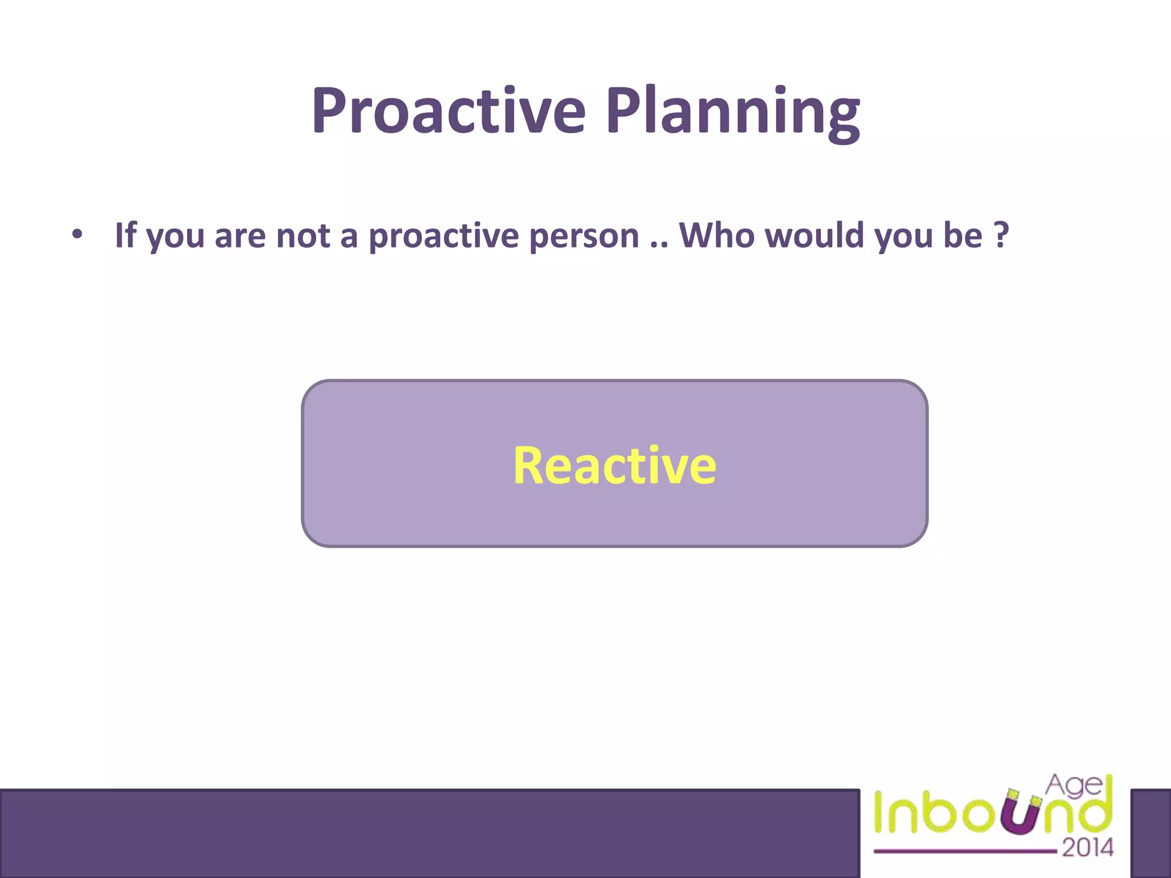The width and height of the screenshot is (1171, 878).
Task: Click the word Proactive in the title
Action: click(x=449, y=111)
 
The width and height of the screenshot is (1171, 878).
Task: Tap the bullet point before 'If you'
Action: click(x=77, y=234)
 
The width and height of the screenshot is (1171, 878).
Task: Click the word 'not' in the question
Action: click(x=303, y=236)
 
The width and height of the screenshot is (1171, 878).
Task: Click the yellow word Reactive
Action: click(x=614, y=465)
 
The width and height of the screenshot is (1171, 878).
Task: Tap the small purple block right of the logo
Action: click(x=1150, y=833)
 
